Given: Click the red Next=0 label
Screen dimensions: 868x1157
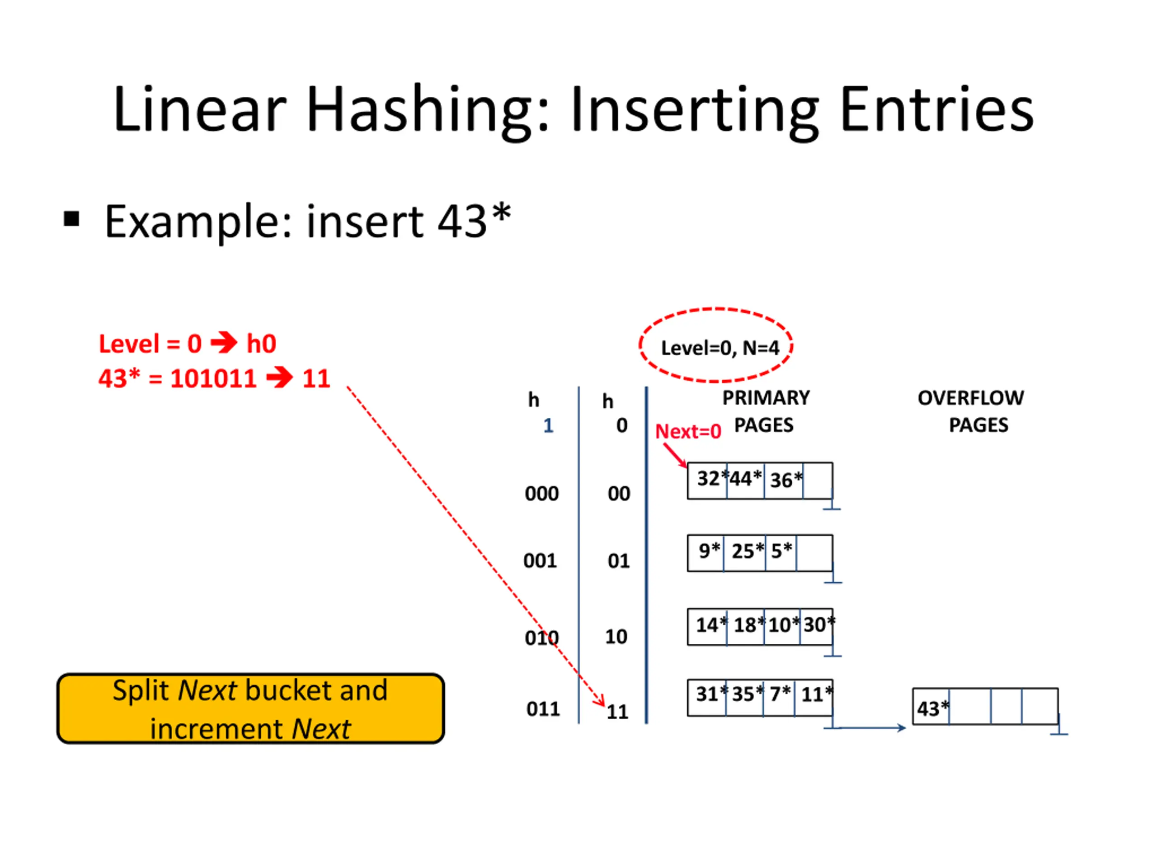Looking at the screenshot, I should coord(688,432).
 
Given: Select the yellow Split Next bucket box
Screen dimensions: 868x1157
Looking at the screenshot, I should coord(250,708).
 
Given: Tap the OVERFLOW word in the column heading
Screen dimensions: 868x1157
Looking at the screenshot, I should coord(970,398).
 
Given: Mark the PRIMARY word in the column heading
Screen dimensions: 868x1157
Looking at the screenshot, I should coord(766,398).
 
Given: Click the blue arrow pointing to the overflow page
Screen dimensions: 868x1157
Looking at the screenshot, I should coord(871,727).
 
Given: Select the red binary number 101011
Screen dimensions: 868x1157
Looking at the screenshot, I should coord(213,378).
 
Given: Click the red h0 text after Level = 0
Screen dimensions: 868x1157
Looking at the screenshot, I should coord(261,344).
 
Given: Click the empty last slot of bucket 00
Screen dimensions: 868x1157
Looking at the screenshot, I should coord(818,480).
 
